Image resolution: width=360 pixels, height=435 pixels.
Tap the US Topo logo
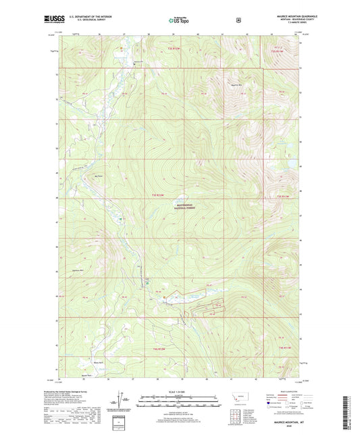coord(178,20)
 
